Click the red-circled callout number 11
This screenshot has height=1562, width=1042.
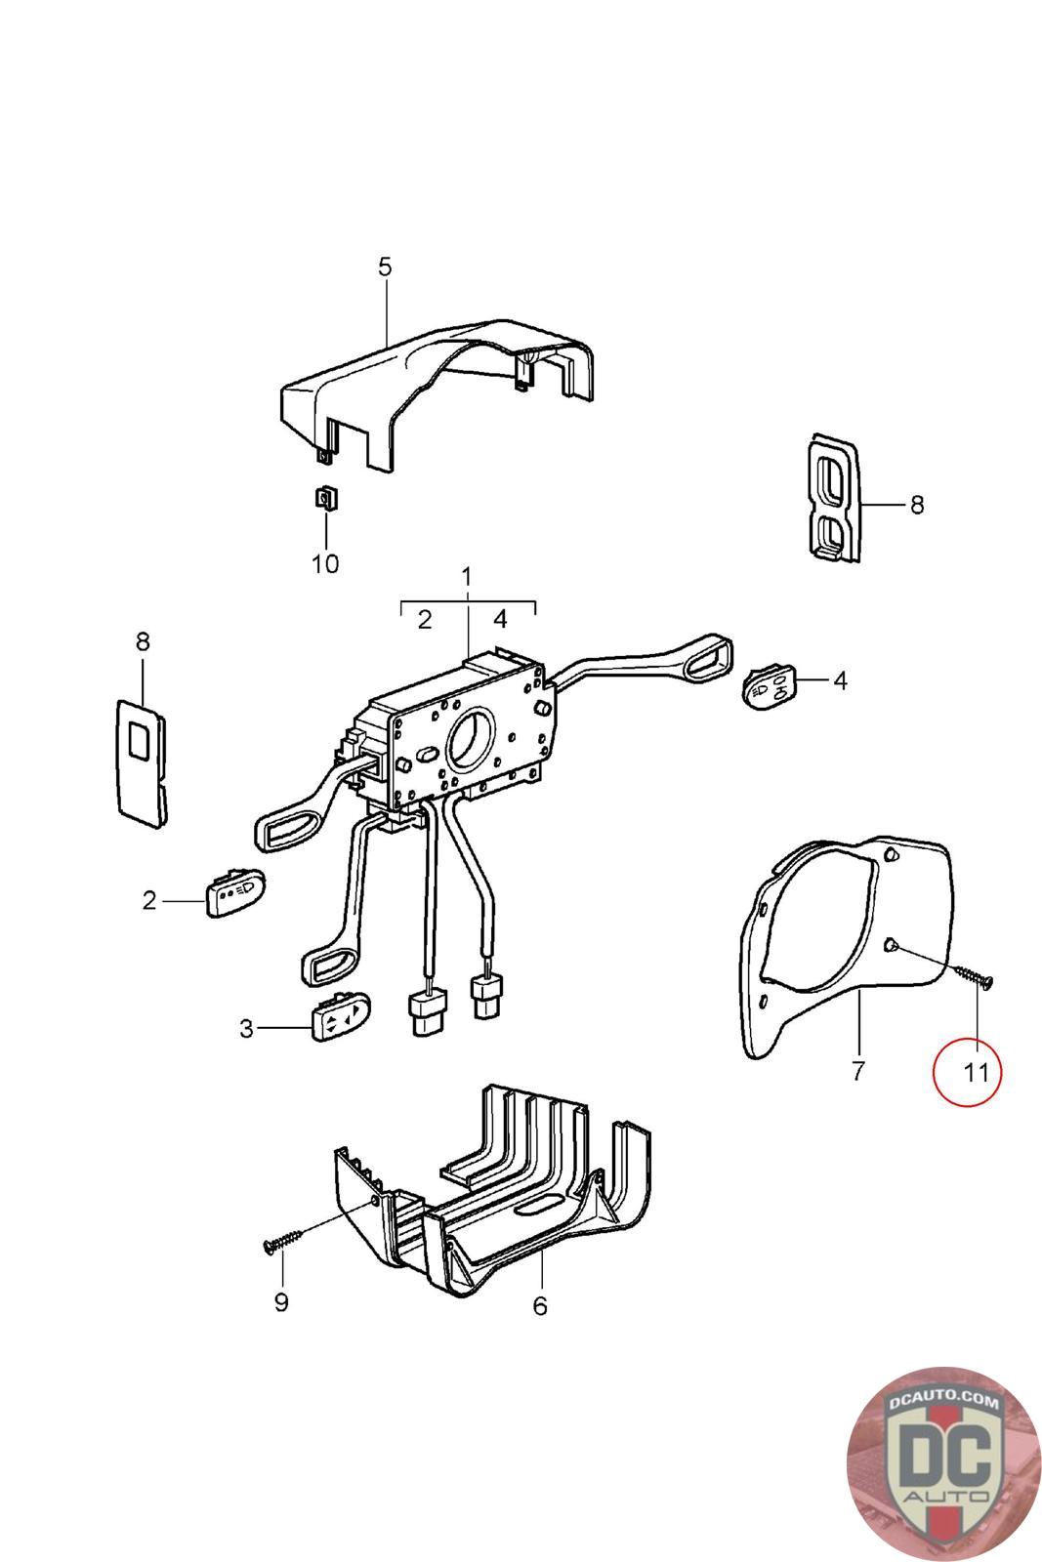[x=976, y=1072]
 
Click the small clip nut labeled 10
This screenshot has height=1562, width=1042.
[x=325, y=499]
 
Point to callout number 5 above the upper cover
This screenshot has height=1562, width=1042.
[x=384, y=267]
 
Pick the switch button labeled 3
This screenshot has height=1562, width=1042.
[x=341, y=1022]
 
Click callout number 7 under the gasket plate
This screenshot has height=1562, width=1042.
[x=857, y=1071]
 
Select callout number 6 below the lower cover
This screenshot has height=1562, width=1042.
[x=540, y=1305]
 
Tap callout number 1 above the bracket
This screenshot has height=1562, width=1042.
[x=467, y=576]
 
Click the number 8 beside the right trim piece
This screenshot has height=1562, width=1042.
[x=916, y=505]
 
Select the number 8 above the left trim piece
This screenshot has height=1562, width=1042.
[x=143, y=641]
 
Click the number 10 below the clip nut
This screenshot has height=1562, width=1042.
[x=325, y=563]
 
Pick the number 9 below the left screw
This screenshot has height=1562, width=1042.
[x=281, y=1303]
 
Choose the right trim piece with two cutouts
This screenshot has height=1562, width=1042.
[x=833, y=498]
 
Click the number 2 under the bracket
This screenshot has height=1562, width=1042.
[x=424, y=620]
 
